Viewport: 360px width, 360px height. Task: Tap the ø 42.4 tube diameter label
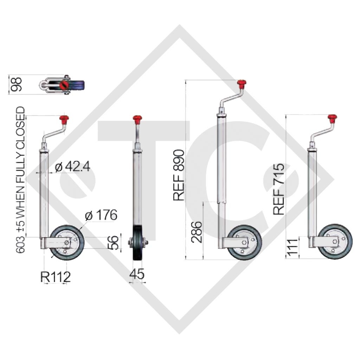tap(72, 167)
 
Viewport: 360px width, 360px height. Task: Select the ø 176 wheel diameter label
tap(101, 215)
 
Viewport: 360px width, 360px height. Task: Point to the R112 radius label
tap(56, 277)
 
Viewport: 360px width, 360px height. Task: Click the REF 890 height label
tap(179, 175)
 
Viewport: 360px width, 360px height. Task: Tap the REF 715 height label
tap(279, 189)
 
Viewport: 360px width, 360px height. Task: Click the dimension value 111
tap(291, 247)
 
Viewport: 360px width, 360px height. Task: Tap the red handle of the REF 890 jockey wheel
tap(241, 84)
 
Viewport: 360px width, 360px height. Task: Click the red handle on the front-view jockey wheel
tap(137, 119)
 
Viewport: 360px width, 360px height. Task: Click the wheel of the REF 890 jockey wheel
tap(244, 243)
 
